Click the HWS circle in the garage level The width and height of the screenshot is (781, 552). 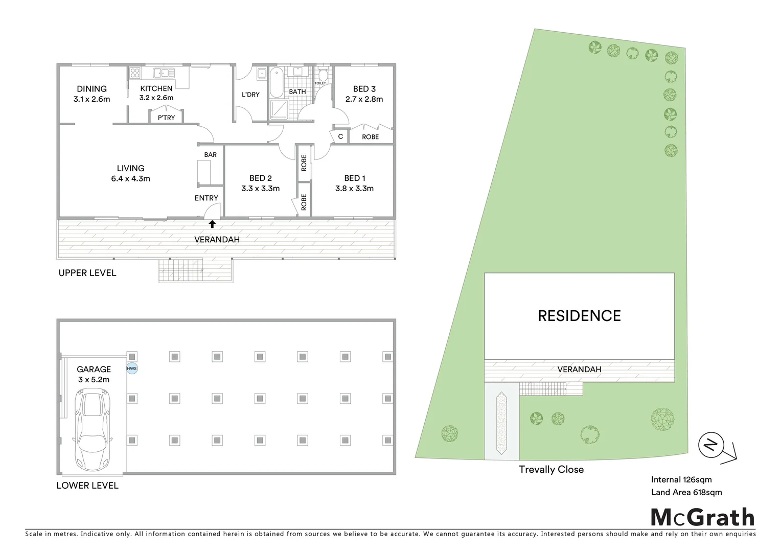pyautogui.click(x=132, y=369)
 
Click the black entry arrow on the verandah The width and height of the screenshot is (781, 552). pyautogui.click(x=212, y=224)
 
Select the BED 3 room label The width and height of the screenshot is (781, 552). pyautogui.click(x=364, y=89)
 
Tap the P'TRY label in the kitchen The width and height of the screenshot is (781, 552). pyautogui.click(x=166, y=118)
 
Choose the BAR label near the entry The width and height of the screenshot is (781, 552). pyautogui.click(x=211, y=154)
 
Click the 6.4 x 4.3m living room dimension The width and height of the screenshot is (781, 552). pyautogui.click(x=130, y=179)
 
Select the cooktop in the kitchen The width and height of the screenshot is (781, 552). pyautogui.click(x=134, y=73)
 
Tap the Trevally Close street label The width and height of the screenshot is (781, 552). pyautogui.click(x=551, y=469)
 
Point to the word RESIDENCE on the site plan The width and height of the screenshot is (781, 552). pyautogui.click(x=579, y=316)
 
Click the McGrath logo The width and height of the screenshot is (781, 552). pyautogui.click(x=703, y=517)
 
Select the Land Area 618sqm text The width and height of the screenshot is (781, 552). pyautogui.click(x=686, y=492)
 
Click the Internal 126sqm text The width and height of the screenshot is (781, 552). pyautogui.click(x=681, y=479)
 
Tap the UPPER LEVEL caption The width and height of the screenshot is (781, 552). pyautogui.click(x=87, y=273)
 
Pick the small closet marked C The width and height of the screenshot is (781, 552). pyautogui.click(x=340, y=136)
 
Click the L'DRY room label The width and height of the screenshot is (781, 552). pyautogui.click(x=250, y=95)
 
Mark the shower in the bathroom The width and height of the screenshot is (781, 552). pyautogui.click(x=279, y=108)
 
